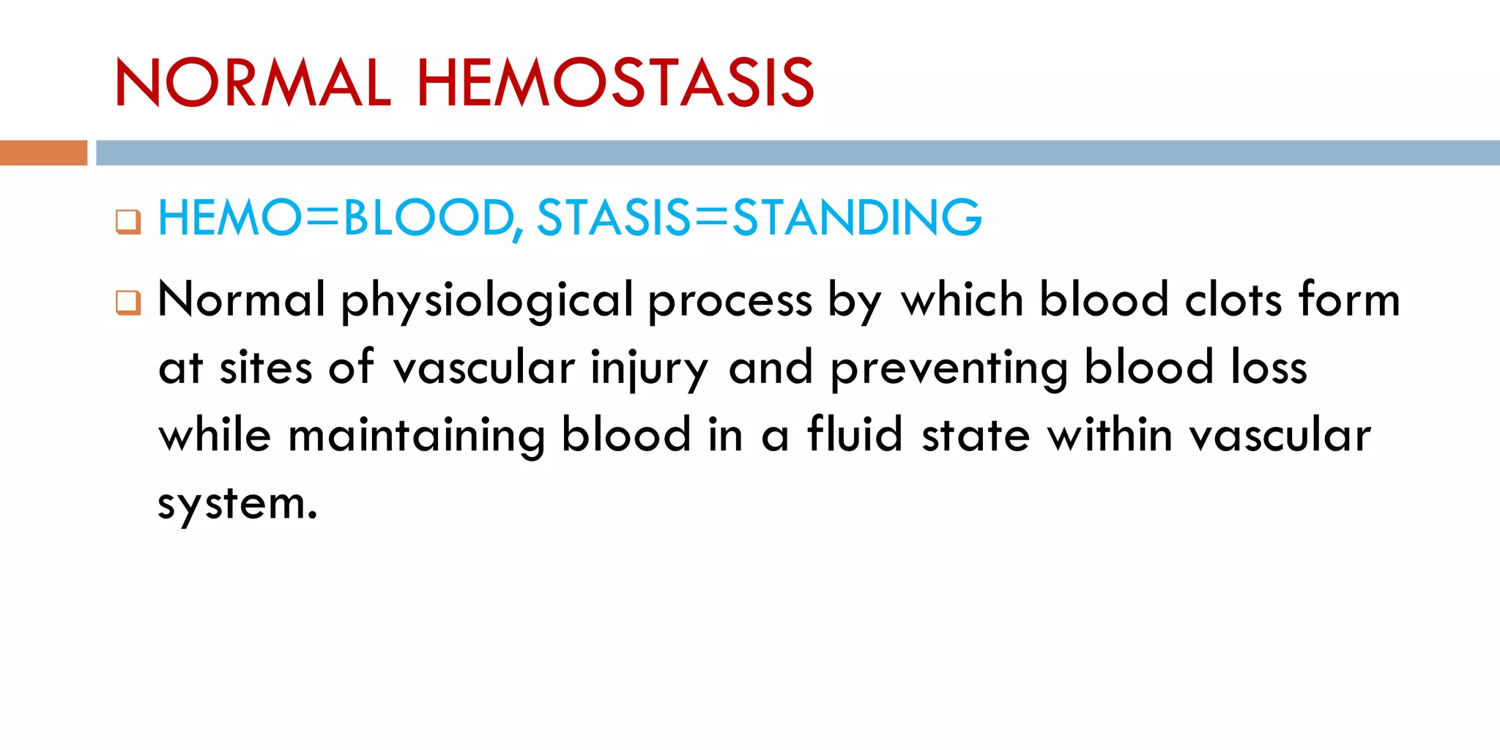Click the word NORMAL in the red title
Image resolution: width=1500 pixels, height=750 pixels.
pos(253,83)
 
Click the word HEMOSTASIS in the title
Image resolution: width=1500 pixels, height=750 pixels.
pos(615,83)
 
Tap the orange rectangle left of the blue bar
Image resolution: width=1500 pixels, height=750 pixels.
pos(43,152)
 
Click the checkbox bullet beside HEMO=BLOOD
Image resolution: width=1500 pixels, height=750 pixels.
pos(128,221)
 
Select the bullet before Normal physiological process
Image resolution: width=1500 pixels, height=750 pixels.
pos(128,302)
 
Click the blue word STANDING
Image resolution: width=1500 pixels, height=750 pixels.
pos(857,218)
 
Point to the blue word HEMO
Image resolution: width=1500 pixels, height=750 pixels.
pos(229,218)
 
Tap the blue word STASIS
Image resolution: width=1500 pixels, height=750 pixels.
pos(614,218)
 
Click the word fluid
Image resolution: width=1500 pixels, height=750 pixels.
pos(855,435)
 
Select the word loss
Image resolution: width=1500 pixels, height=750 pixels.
pos(1269,368)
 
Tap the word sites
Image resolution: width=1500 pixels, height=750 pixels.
pos(266,368)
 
